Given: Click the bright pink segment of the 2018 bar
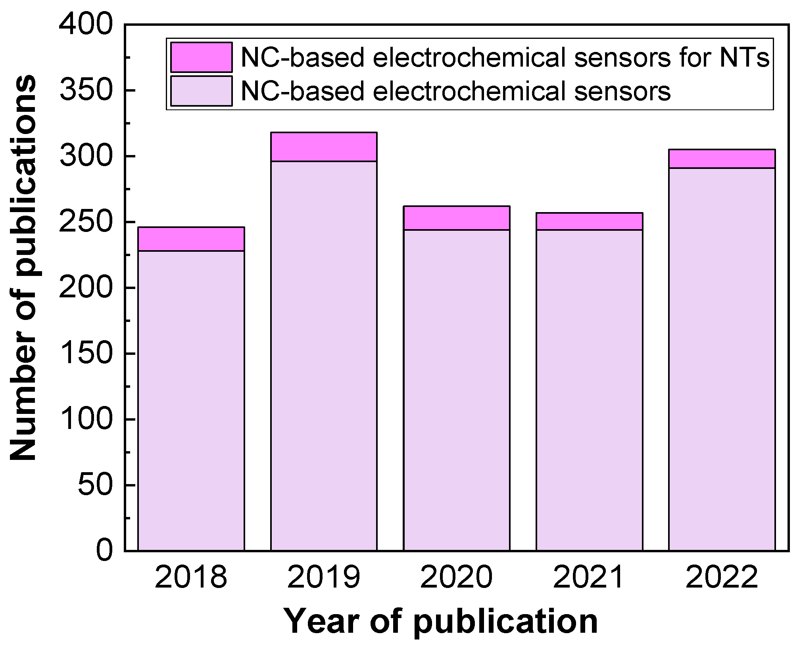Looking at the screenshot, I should click(191, 239).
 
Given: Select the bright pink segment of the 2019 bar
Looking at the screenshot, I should click(324, 147).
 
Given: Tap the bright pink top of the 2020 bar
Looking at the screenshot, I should click(457, 218).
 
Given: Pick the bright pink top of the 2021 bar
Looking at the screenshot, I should click(589, 221).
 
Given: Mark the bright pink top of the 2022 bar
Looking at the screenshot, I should click(722, 159).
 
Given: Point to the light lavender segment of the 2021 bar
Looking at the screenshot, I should click(589, 389).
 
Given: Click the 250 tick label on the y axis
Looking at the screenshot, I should click(86, 222).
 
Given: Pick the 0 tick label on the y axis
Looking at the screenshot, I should click(104, 550).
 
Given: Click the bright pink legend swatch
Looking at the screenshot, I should click(202, 57).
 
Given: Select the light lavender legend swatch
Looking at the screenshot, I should click(202, 91).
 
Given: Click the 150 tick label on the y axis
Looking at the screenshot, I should click(86, 354).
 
